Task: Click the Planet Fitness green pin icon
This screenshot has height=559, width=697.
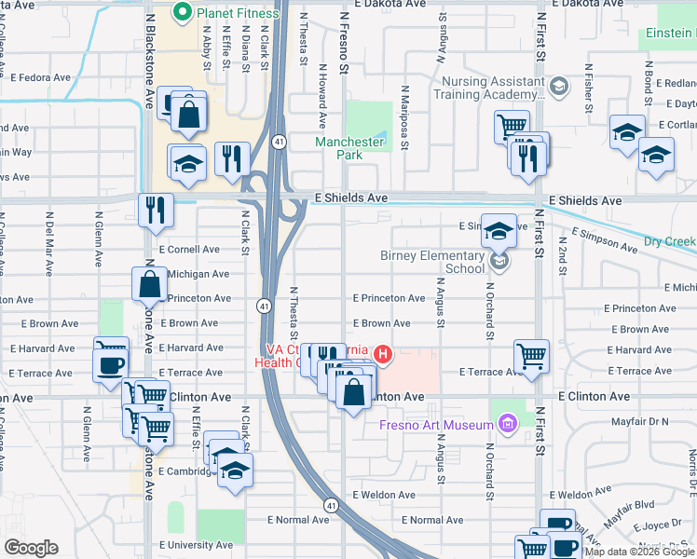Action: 183,13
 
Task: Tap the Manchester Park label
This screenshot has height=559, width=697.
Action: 349,148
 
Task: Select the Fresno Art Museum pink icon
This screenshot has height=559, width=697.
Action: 507,426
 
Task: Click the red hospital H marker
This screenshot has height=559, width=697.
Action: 382,354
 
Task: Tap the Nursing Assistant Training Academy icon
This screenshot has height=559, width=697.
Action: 558,88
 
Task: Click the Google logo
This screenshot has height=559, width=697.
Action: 31,548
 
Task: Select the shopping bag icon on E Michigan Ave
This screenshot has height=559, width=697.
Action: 149,284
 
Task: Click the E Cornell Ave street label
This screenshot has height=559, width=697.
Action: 189,250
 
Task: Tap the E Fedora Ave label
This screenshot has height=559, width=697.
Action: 40,77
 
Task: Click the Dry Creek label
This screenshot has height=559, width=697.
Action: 669,242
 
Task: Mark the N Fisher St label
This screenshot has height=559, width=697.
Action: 589,89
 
